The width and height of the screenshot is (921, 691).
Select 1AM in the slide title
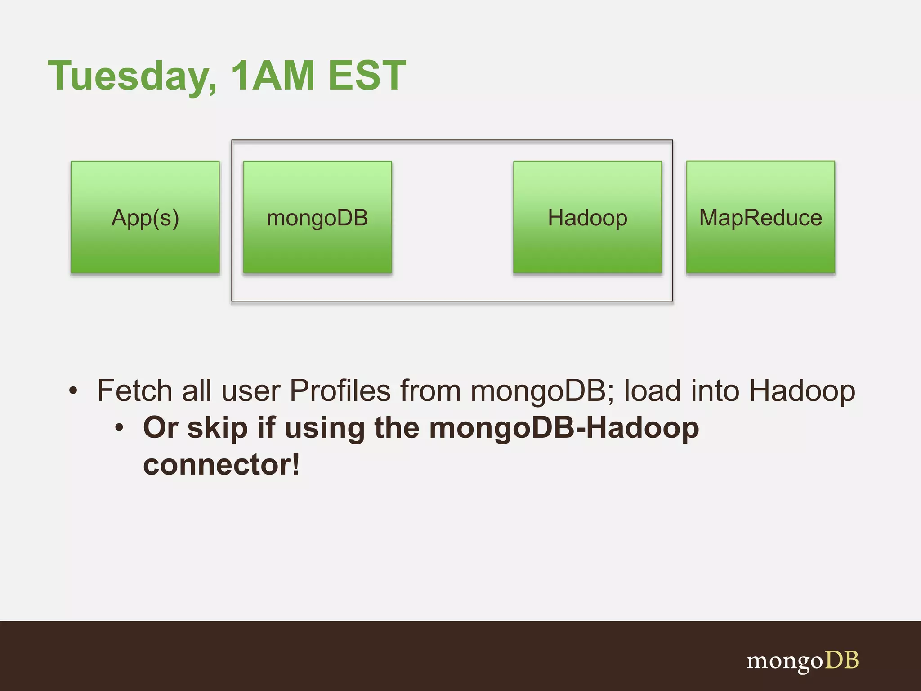(272, 76)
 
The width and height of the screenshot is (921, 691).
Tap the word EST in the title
(367, 76)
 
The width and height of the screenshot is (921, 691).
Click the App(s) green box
(145, 217)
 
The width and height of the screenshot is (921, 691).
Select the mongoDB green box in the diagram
(317, 217)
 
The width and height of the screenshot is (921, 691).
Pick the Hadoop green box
(587, 217)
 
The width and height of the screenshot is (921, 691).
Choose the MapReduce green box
(760, 217)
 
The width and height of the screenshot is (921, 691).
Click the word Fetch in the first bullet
(134, 390)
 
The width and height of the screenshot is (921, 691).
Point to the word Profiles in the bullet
(340, 390)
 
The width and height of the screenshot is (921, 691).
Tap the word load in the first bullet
(652, 390)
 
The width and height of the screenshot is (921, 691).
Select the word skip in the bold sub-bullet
(217, 428)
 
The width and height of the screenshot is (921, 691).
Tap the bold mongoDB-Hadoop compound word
(564, 428)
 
